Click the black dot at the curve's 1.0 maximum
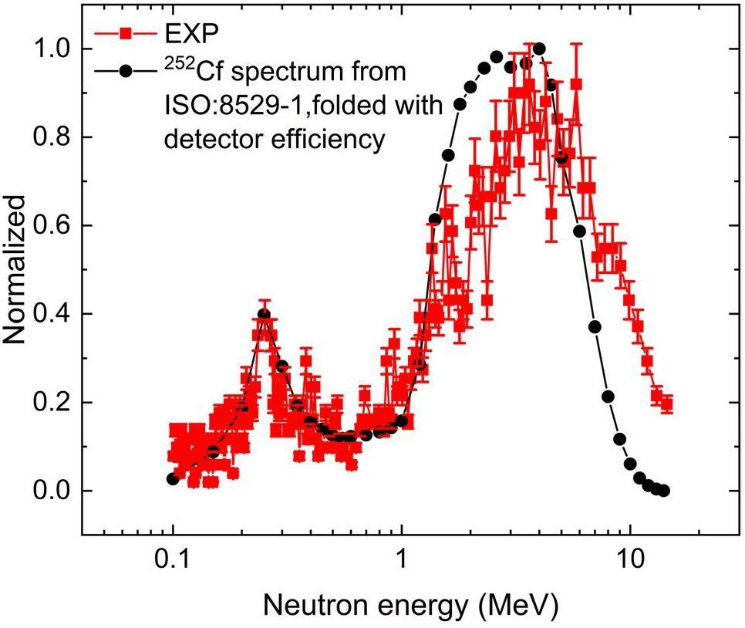(539, 49)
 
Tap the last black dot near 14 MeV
(664, 491)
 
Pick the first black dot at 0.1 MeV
(173, 479)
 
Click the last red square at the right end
(667, 403)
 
